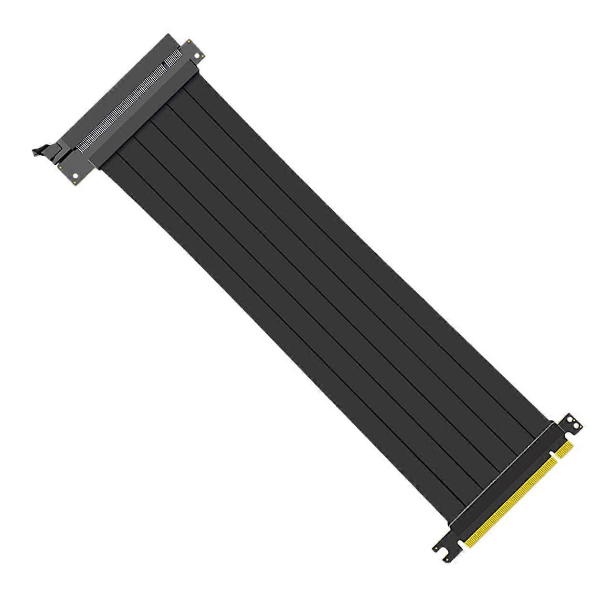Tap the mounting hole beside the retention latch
[x=75, y=177]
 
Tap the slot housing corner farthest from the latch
[x=168, y=34]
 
